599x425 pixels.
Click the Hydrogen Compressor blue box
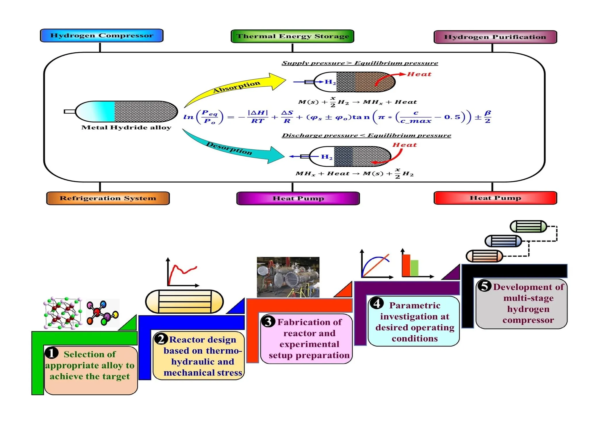point(102,35)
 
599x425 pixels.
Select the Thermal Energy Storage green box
point(292,36)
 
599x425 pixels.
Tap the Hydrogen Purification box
point(495,37)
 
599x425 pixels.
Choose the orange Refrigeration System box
point(108,198)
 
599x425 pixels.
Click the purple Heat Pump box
point(298,198)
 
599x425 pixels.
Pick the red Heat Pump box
point(495,198)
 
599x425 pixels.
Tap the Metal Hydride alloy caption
point(126,127)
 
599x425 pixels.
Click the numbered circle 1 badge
point(52,353)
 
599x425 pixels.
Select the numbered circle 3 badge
point(268,321)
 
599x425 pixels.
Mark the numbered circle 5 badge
point(484,286)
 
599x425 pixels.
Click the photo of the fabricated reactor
point(288,277)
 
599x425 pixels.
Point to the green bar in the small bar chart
point(414,268)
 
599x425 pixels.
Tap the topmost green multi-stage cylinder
point(528,226)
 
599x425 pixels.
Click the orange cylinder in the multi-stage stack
point(484,256)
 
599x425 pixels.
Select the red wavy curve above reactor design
point(182,272)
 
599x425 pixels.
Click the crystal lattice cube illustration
point(63,313)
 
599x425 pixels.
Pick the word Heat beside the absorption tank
point(419,74)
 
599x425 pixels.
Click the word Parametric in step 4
point(414,305)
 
